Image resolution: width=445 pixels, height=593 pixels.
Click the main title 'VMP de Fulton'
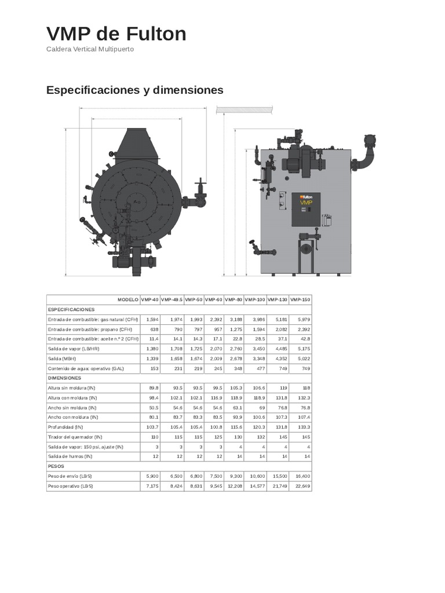click(116, 34)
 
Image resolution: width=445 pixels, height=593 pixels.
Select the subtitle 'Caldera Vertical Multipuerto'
click(90, 49)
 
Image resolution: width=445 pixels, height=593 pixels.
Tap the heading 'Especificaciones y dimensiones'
click(134, 90)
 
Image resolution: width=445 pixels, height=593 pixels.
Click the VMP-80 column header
click(234, 299)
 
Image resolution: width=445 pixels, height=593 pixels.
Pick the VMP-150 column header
click(300, 299)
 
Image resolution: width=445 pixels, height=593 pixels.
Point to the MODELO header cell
click(128, 299)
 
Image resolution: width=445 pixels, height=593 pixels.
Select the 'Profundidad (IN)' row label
click(65, 427)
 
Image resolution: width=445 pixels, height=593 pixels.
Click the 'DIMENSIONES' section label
click(64, 377)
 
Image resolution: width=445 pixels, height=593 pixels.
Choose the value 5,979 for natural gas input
click(304, 319)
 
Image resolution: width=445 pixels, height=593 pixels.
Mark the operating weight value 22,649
click(302, 485)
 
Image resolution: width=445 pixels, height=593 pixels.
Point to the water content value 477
click(260, 368)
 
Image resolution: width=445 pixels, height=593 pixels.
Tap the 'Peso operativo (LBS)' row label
click(70, 485)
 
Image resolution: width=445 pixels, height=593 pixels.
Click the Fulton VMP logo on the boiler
click(306, 200)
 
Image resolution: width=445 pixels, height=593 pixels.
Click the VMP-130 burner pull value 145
click(283, 437)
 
